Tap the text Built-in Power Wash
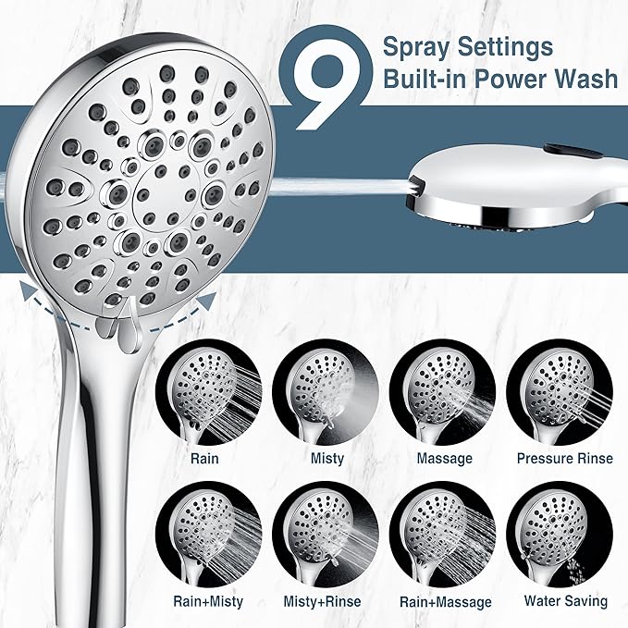tap(500, 80)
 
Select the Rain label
tap(204, 458)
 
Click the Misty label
tap(327, 458)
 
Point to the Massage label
tap(444, 458)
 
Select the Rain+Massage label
tap(445, 602)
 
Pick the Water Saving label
tap(565, 602)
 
